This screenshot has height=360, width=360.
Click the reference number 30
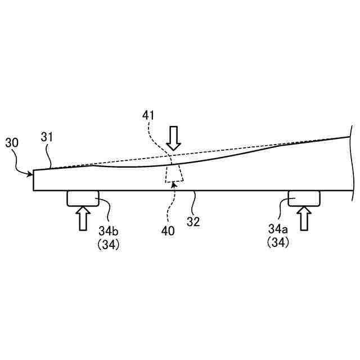pyautogui.click(x=12, y=143)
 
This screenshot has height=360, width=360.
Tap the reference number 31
pyautogui.click(x=47, y=136)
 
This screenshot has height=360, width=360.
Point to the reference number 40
pyautogui.click(x=168, y=231)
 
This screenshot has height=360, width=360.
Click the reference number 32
pyautogui.click(x=193, y=222)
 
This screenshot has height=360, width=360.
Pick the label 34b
pyautogui.click(x=108, y=231)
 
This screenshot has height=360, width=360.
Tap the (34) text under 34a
pyautogui.click(x=278, y=243)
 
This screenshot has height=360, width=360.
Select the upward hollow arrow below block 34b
pyautogui.click(x=83, y=218)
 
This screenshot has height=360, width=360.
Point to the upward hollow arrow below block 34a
pyautogui.click(x=304, y=218)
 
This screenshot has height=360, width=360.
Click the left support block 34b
pyautogui.click(x=83, y=198)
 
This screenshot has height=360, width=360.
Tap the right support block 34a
pyautogui.click(x=304, y=198)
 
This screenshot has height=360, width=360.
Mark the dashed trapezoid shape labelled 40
pyautogui.click(x=173, y=174)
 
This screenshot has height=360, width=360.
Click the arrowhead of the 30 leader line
pyautogui.click(x=31, y=174)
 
